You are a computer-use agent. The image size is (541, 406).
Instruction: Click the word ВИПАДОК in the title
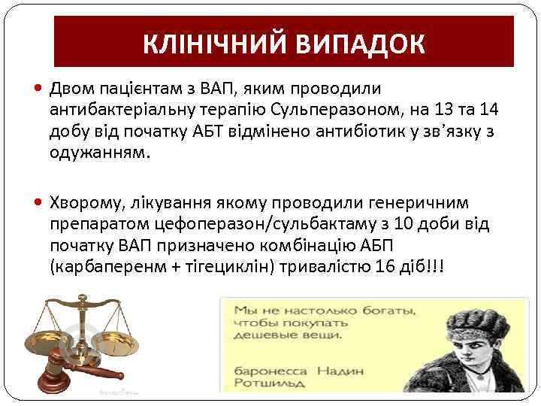(x=361, y=44)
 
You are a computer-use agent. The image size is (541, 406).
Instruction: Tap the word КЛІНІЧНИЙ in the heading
(x=219, y=44)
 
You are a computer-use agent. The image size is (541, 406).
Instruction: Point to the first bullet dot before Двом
(x=39, y=90)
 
